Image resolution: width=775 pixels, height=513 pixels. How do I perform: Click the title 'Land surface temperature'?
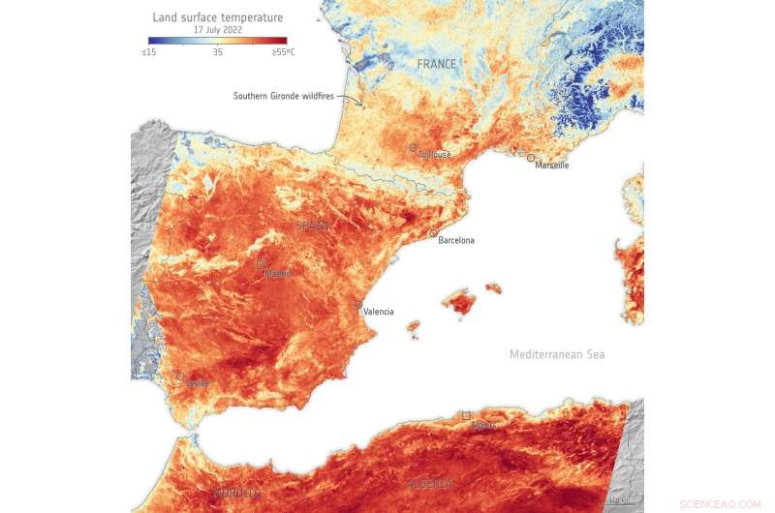click(218, 17)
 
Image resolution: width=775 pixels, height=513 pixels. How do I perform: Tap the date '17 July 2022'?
click(218, 30)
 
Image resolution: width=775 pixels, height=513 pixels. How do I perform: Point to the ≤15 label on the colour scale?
click(149, 52)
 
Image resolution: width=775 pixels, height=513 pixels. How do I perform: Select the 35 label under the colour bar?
click(218, 52)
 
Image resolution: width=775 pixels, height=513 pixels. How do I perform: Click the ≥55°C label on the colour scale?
click(283, 52)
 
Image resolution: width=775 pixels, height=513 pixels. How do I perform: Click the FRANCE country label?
click(436, 64)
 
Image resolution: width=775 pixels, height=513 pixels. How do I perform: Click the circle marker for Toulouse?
click(413, 148)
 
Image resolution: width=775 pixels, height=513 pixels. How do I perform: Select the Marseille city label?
click(551, 166)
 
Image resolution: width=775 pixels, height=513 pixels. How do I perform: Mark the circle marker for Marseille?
click(531, 157)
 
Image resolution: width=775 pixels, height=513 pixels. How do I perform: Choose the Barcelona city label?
click(456, 240)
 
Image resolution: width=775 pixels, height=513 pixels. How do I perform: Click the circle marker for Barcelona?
click(433, 233)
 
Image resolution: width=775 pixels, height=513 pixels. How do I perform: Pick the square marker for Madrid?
click(261, 263)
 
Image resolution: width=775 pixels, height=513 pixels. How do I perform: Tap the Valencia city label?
click(379, 312)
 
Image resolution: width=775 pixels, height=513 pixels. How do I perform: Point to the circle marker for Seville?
click(179, 377)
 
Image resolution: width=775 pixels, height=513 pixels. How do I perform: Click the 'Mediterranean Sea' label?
click(557, 354)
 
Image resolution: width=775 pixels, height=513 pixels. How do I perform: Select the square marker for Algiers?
click(466, 415)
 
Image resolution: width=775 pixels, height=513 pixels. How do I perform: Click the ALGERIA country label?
click(430, 483)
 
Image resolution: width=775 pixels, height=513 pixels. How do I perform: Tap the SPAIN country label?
click(313, 226)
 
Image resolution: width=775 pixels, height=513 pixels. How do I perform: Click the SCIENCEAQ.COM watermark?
click(720, 504)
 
